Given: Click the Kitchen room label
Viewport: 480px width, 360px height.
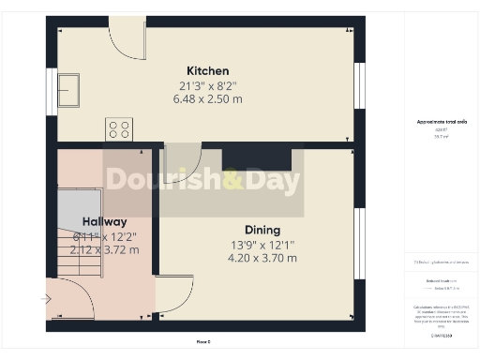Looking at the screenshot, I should tap(207, 71).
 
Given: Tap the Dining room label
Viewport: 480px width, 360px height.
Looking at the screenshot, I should tap(262, 230).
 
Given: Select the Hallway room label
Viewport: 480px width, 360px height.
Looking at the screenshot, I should tap(103, 222).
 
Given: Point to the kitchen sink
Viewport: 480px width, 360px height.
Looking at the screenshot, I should tap(68, 91).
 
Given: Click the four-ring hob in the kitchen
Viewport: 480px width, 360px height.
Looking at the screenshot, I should tap(119, 128).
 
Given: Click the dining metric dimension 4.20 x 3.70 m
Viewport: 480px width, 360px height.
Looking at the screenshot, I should tap(262, 258).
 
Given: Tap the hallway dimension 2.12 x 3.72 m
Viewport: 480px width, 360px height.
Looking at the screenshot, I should tap(103, 250).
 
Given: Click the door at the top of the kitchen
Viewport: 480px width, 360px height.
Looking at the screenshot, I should tap(127, 38).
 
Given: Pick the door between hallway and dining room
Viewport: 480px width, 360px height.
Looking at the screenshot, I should tap(172, 293).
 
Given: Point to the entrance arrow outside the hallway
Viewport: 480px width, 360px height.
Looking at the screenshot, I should tap(47, 299).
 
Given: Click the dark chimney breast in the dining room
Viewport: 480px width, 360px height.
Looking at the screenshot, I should tap(257, 157).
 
